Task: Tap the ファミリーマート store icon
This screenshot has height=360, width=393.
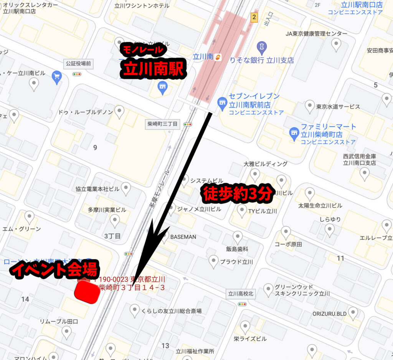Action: tap(294, 132)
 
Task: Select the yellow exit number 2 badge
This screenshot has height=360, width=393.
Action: tap(253, 17)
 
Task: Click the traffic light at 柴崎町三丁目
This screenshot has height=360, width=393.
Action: tap(187, 124)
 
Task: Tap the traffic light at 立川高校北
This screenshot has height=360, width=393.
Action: tap(242, 304)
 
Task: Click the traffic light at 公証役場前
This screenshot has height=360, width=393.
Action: tap(78, 74)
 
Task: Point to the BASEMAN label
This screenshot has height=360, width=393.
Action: tap(183, 237)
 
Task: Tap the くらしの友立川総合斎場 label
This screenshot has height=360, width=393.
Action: tap(172, 311)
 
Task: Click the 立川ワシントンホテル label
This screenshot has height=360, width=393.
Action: tap(142, 6)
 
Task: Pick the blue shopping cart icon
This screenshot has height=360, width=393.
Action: tap(57, 77)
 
